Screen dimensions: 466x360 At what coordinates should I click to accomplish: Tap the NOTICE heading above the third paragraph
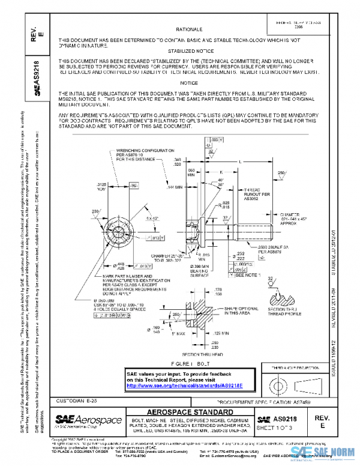tap(188, 83)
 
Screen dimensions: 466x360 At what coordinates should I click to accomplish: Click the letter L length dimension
tap(239, 162)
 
